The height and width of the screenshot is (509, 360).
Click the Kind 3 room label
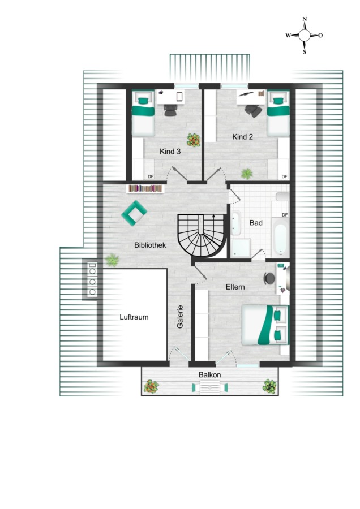170,151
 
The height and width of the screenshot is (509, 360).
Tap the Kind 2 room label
242,137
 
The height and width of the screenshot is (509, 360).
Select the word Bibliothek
150,245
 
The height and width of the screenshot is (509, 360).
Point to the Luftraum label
134,317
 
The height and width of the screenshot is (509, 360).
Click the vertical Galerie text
181,317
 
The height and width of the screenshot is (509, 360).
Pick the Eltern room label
235,287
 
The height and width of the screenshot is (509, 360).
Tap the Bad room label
256,223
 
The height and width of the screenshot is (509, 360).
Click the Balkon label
210,374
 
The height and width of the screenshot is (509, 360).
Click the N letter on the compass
305,19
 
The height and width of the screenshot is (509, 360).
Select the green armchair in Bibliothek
134,213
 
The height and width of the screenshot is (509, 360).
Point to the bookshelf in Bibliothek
145,188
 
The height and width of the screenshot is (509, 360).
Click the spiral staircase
202,236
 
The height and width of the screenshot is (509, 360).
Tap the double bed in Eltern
265,325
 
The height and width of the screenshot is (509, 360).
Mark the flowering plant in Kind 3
194,140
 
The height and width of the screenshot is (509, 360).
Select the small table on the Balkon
210,387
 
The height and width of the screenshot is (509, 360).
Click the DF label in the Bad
285,215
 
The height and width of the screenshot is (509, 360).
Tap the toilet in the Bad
282,197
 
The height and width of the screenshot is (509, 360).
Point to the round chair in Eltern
269,278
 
